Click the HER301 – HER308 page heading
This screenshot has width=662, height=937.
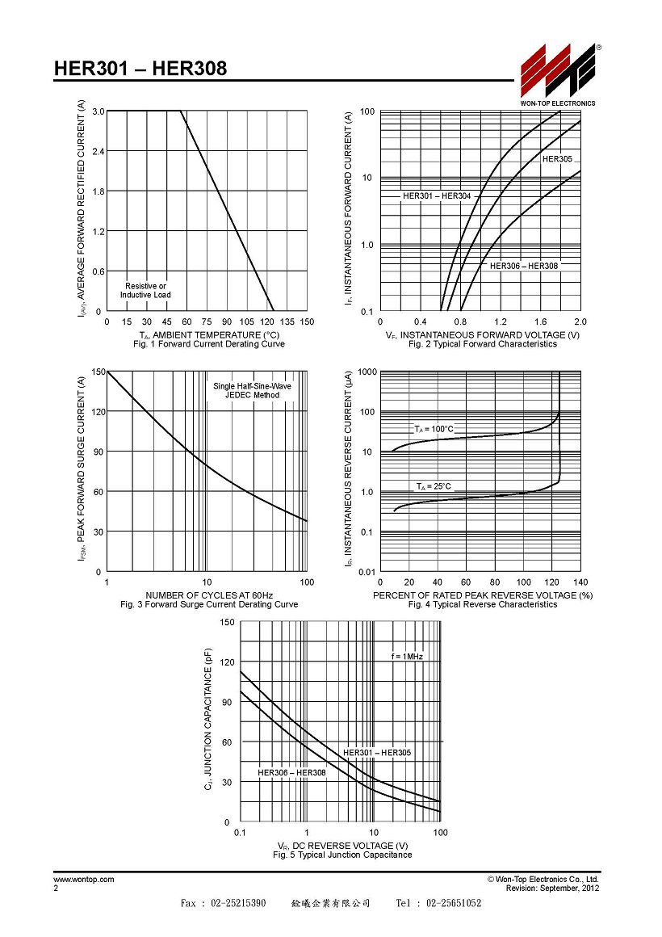[x=140, y=68]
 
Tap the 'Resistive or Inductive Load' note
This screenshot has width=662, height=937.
[x=145, y=291]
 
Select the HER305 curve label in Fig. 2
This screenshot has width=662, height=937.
[x=557, y=159]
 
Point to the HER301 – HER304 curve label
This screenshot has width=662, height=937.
[x=437, y=196]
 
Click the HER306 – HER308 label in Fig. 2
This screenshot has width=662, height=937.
[x=524, y=266]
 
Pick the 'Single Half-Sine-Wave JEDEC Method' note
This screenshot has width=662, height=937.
[x=252, y=391]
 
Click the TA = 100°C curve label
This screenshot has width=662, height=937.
[x=434, y=429]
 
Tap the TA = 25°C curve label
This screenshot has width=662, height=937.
[x=434, y=486]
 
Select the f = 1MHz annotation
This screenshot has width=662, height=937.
[x=407, y=657]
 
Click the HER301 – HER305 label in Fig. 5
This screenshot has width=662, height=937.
[x=377, y=753]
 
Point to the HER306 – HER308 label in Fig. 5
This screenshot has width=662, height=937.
[x=291, y=773]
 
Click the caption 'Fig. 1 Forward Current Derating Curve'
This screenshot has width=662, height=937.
[x=209, y=344]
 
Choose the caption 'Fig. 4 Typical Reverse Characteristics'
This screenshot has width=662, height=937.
[x=483, y=605]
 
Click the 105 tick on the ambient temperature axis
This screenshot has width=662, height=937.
[x=247, y=321]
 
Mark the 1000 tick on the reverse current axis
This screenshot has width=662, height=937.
[x=367, y=372]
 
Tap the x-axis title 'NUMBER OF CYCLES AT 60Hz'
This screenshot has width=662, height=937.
[x=209, y=595]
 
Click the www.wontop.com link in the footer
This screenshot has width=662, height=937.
[x=84, y=880]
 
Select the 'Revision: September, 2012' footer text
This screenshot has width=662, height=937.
[x=552, y=889]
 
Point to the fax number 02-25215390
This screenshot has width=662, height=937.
[x=238, y=903]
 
